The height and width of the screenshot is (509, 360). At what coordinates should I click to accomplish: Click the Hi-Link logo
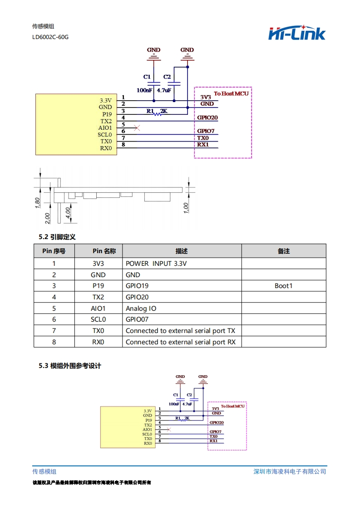coord(297,33)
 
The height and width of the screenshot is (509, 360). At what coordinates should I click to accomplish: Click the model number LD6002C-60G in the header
coord(50,37)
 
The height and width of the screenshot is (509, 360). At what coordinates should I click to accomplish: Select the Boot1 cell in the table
coord(283,286)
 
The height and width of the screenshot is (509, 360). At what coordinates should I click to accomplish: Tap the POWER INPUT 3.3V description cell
coord(156,264)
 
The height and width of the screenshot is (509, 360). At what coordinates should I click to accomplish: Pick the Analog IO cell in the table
coord(141,308)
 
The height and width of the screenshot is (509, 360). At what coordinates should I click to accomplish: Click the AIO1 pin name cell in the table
coord(98,308)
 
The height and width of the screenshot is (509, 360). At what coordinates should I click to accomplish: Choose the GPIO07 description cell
coord(137,319)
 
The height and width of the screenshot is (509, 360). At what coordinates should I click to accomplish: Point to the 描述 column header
coord(182,251)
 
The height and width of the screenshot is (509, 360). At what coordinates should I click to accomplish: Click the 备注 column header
coord(283,251)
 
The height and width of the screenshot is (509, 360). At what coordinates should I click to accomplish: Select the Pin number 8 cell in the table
coord(54,342)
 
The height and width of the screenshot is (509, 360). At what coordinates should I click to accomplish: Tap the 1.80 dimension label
coord(38,201)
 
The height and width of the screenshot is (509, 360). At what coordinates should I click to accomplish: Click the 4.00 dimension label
coord(68,213)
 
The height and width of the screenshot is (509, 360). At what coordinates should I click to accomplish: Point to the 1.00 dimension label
coord(186,207)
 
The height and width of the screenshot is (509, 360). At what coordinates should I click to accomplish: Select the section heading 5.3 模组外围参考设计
coord(70,366)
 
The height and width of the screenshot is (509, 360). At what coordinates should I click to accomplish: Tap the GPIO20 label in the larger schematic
coord(207,118)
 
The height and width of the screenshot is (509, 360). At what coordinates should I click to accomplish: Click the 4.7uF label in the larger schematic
coord(163,90)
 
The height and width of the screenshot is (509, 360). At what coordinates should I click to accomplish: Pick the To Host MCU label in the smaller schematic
coord(232,406)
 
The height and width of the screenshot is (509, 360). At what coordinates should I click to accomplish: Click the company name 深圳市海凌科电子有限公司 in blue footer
coord(290,471)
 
